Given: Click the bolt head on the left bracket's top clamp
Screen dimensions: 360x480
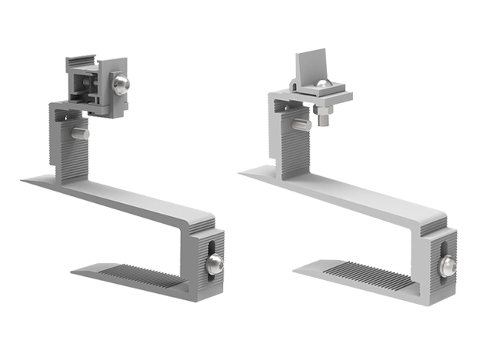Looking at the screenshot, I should coord(122,84).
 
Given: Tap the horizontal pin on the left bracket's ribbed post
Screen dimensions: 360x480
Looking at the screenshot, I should coord(79,133).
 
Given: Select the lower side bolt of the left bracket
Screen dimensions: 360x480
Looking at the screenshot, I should coord(215,265).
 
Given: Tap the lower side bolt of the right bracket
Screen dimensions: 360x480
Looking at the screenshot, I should coord(448,266).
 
